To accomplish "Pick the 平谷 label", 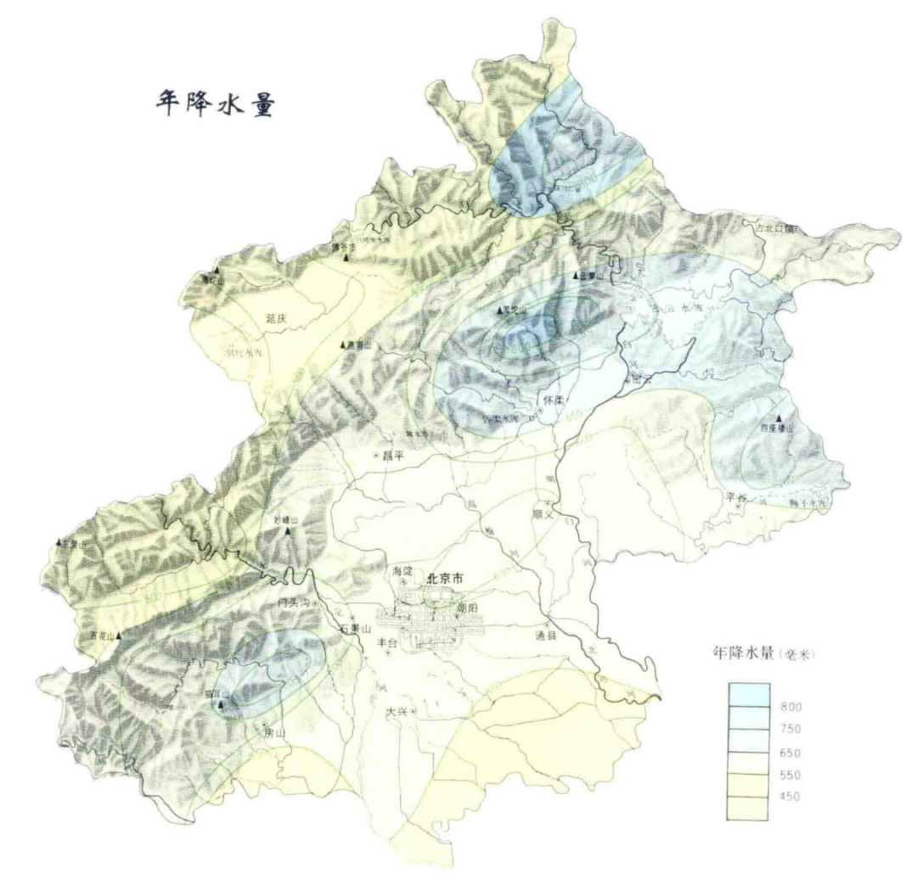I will (x=736, y=497).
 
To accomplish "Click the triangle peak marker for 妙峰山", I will (x=288, y=532).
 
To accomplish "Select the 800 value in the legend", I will (x=790, y=708).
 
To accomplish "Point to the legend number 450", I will (x=790, y=796).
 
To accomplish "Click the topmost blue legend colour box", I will (x=747, y=695).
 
